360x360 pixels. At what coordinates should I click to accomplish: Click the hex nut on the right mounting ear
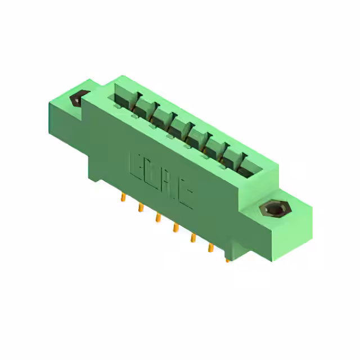274,210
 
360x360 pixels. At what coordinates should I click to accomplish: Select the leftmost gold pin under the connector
123,197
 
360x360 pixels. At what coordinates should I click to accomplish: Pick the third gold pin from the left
158,217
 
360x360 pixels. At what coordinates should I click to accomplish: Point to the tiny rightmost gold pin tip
227,260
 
